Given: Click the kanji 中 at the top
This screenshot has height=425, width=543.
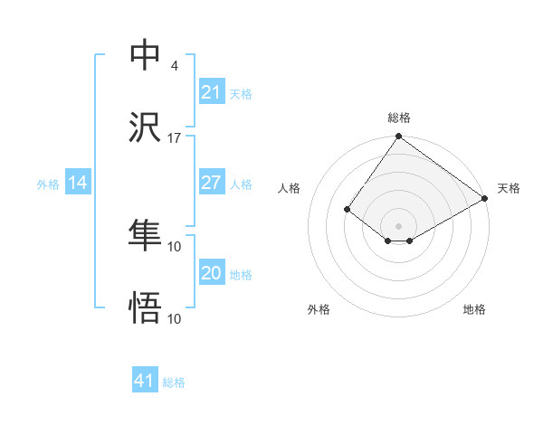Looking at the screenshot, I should (145, 54).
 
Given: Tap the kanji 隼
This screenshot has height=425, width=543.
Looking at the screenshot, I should (145, 235).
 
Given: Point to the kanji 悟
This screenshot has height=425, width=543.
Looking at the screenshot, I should (145, 308).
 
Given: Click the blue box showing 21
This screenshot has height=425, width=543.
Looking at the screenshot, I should (211, 92).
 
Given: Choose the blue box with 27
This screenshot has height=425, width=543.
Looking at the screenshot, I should (211, 184).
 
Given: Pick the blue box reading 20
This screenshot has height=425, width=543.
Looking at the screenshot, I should (211, 274).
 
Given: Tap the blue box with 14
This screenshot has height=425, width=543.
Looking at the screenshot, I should (78, 184).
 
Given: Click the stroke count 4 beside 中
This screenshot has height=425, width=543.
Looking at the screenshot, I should (174, 66).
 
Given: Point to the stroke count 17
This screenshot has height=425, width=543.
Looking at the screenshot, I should (175, 138).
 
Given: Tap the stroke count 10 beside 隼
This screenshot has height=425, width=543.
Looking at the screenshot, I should (175, 246).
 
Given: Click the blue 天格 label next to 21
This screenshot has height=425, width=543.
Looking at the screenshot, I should (241, 93).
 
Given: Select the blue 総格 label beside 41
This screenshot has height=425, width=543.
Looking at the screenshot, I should (174, 382).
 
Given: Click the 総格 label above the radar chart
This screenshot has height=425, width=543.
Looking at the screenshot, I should (399, 118).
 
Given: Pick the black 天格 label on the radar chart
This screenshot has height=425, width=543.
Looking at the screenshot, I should (509, 188).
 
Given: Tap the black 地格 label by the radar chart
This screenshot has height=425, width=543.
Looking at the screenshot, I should (474, 309).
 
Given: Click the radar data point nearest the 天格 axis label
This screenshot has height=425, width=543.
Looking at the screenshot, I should (485, 198).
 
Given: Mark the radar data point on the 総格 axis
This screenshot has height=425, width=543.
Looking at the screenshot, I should (398, 137).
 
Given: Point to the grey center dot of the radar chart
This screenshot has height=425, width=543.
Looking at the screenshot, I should (398, 225).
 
